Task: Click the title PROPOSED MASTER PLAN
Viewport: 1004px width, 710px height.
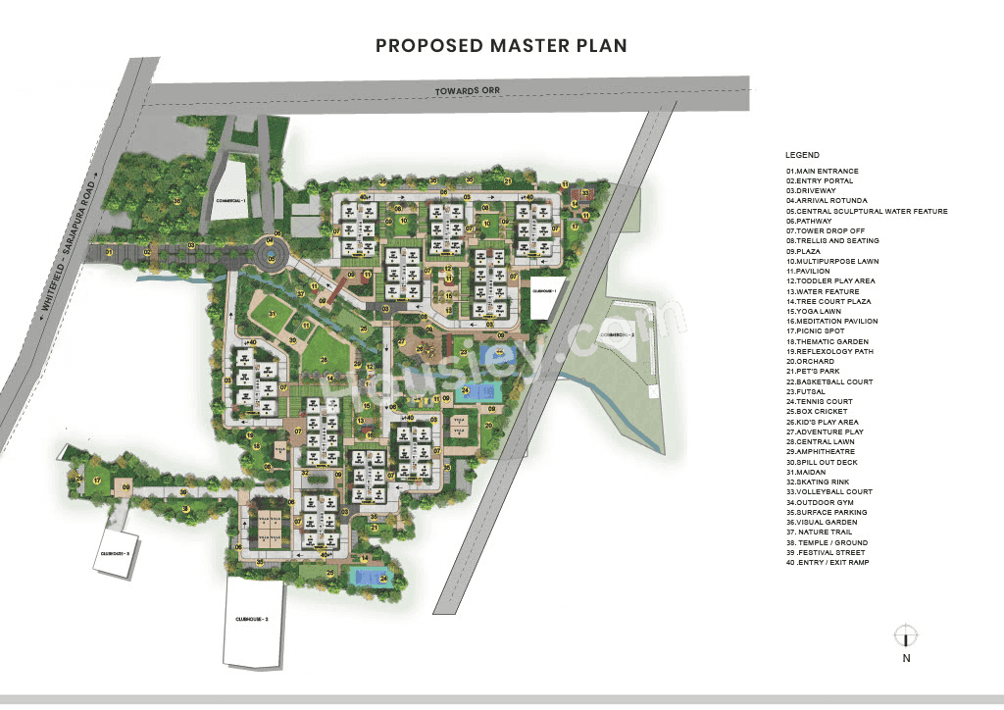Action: point(501,45)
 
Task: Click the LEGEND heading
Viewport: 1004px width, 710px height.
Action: point(802,155)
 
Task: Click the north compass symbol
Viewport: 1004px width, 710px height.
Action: point(905,635)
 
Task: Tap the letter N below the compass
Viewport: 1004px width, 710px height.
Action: point(905,659)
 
